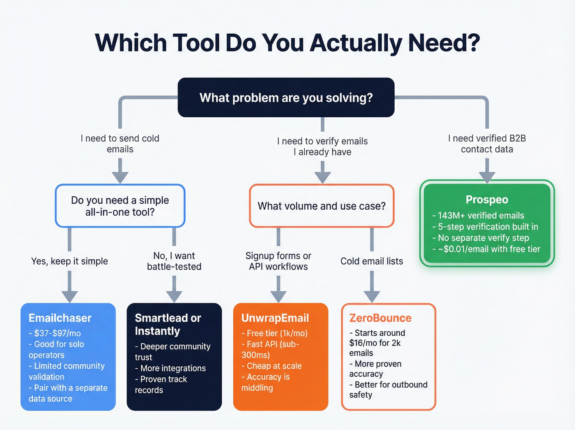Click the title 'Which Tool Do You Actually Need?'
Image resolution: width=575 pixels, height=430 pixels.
[x=287, y=43]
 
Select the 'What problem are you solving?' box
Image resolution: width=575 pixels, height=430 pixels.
[x=286, y=98]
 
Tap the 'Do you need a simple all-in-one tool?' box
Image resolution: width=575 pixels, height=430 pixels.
[x=120, y=206]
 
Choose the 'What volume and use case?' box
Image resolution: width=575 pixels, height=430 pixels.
[x=322, y=206]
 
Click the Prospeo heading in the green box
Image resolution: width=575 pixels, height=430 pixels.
[x=487, y=200]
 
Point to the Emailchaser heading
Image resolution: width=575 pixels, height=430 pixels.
[x=60, y=318]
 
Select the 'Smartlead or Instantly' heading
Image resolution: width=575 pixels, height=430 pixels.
[x=168, y=324]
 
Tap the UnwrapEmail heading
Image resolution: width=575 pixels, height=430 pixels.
[x=275, y=318]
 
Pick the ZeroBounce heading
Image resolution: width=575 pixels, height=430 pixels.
[x=380, y=318]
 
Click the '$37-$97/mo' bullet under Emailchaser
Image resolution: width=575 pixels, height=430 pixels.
[x=55, y=333]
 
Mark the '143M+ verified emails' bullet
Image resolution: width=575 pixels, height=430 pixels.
[x=479, y=216]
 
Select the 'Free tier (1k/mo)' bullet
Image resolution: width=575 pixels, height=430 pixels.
[x=275, y=333]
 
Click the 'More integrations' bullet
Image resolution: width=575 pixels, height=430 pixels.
[x=170, y=368]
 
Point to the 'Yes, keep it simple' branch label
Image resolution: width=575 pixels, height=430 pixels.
[x=69, y=261]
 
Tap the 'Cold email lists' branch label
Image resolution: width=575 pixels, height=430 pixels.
[x=372, y=261]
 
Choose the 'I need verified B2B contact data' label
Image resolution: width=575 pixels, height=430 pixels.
[x=487, y=144]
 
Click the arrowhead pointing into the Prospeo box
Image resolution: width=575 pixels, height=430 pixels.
[x=487, y=177]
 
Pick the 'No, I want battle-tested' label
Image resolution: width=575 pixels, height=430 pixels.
[x=174, y=261]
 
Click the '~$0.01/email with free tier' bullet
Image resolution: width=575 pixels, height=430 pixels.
[x=487, y=249]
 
